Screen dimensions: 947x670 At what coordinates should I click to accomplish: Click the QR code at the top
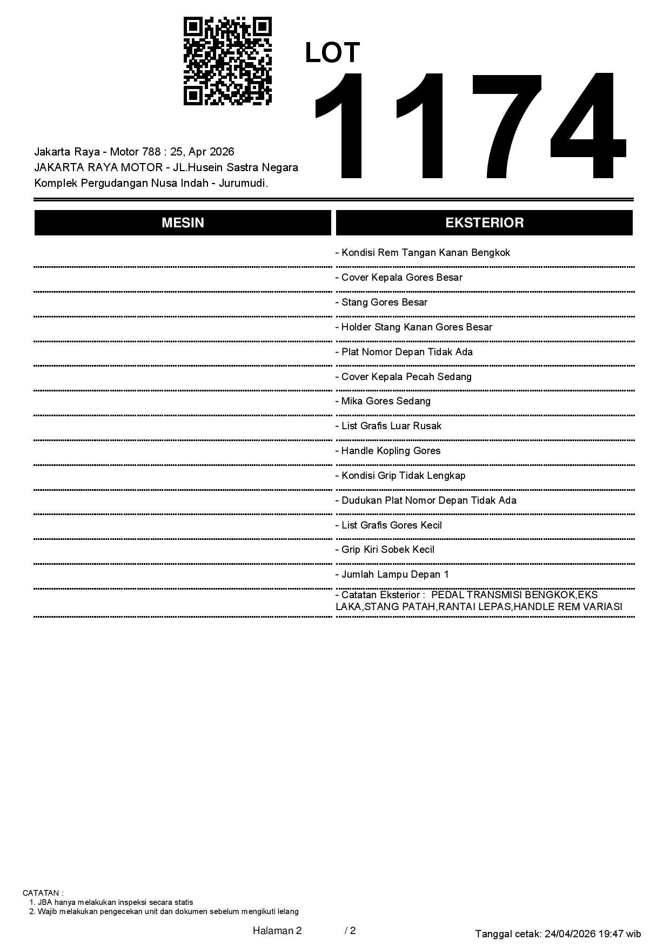pyautogui.click(x=227, y=61)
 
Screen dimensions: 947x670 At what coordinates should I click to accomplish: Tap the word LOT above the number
pyautogui.click(x=332, y=53)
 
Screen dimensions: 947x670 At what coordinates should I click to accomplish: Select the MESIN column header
pyautogui.click(x=183, y=223)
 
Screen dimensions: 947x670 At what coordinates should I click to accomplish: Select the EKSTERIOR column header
pyautogui.click(x=484, y=223)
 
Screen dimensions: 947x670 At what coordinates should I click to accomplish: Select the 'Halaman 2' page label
pyautogui.click(x=277, y=930)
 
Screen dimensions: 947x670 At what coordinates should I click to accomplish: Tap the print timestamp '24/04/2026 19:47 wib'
pyautogui.click(x=593, y=934)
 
